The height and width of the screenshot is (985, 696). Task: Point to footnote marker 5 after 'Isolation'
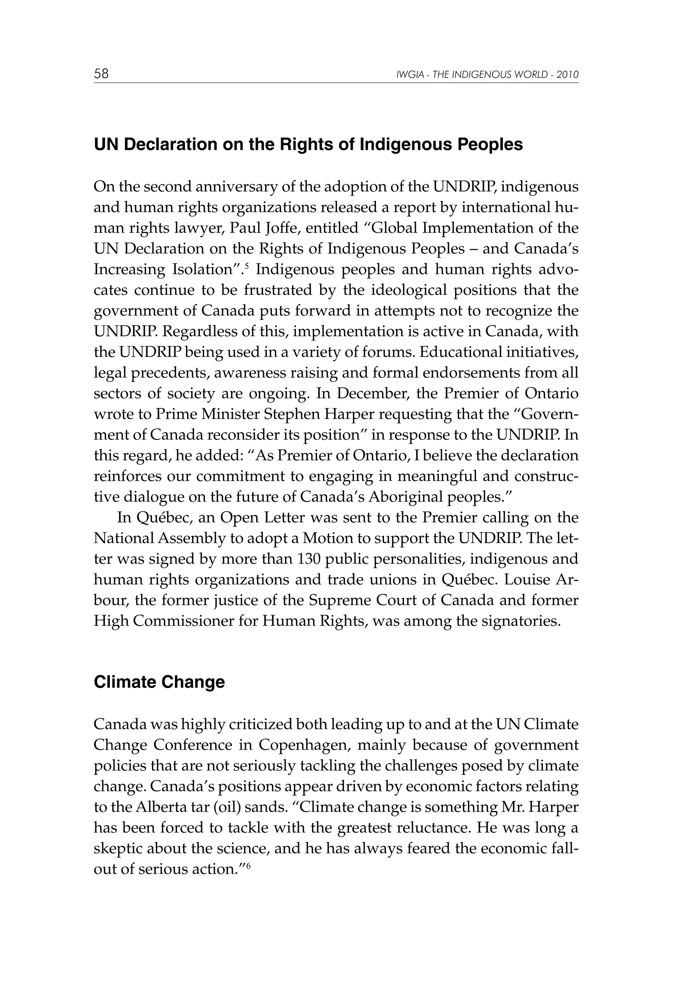click(x=247, y=266)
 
